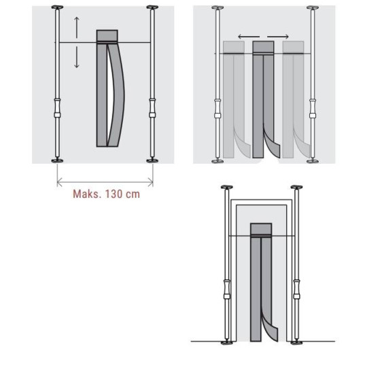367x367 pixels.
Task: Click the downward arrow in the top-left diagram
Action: [x=77, y=59]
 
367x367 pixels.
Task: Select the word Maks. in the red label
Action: [x=86, y=193]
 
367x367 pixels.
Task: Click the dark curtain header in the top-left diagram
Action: [x=107, y=36]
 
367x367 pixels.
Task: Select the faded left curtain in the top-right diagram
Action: [x=232, y=95]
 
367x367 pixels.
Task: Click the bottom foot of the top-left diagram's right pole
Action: [x=152, y=161]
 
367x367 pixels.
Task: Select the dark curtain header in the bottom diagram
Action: [x=260, y=229]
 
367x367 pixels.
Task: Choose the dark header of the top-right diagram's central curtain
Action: [x=262, y=46]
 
